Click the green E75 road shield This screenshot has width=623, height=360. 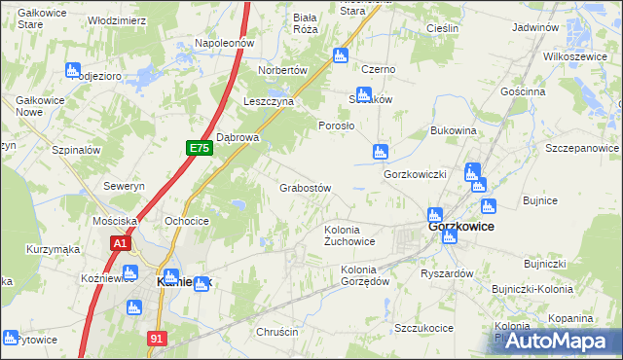(199, 147)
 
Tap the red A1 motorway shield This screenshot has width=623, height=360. (120, 244)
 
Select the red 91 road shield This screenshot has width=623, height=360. (156, 337)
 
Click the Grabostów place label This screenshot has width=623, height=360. (306, 188)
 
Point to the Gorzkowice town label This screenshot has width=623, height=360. (460, 226)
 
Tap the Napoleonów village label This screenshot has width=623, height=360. (224, 43)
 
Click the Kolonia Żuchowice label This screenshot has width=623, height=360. (349, 235)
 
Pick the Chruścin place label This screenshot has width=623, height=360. (276, 332)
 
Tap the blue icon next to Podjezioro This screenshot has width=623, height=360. (72, 69)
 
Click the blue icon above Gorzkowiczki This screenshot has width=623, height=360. (381, 151)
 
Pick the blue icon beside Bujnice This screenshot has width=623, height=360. (488, 206)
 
